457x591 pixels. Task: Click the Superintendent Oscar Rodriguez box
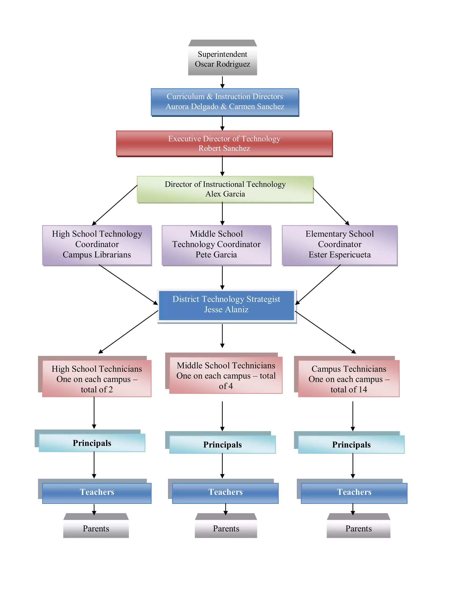[222, 59]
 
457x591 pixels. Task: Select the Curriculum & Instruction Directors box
[225, 102]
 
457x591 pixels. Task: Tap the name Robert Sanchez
[224, 148]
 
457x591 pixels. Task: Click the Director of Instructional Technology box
[225, 189]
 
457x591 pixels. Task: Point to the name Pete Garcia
[216, 255]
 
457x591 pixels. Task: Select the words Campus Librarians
[97, 255]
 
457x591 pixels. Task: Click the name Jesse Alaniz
[226, 309]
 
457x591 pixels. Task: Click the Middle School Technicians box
[226, 375]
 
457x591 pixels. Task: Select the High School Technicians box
[97, 379]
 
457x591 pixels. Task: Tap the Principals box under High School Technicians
[92, 443]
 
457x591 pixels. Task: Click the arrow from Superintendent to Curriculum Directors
[222, 82]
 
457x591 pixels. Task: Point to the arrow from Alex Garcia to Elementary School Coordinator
[331, 207]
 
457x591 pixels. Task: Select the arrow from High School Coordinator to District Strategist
[128, 284]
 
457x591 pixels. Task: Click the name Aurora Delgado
[192, 106]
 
